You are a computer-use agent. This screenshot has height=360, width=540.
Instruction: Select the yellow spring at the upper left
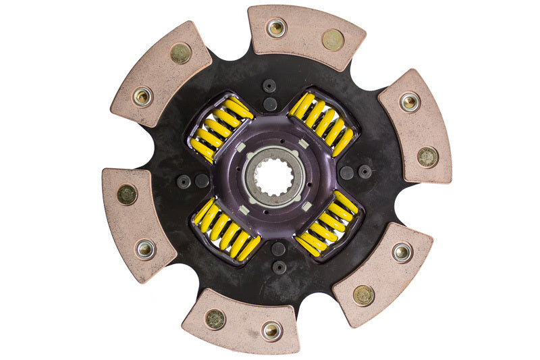[220, 128]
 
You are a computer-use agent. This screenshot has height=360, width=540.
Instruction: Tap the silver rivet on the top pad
[276, 28]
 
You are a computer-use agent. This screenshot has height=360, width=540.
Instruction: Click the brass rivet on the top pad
[332, 39]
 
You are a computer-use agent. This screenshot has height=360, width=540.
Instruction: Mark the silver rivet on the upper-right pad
[410, 102]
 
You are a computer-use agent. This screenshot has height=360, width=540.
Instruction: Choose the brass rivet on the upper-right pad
[427, 157]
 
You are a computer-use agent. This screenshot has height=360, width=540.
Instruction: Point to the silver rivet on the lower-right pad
[402, 253]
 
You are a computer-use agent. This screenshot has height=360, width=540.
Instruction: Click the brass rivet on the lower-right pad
[364, 294]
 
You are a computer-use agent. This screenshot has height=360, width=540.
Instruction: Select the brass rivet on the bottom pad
[215, 319]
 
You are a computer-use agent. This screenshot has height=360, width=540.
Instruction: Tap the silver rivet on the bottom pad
[271, 330]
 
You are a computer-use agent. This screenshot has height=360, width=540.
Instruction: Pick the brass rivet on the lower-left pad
[127, 195]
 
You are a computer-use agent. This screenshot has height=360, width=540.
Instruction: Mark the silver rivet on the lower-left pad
[145, 249]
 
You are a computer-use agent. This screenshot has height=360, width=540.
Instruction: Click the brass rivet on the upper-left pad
[180, 53]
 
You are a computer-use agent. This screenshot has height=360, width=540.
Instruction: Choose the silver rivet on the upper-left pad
[142, 97]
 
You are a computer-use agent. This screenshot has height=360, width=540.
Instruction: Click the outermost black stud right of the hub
[365, 172]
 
